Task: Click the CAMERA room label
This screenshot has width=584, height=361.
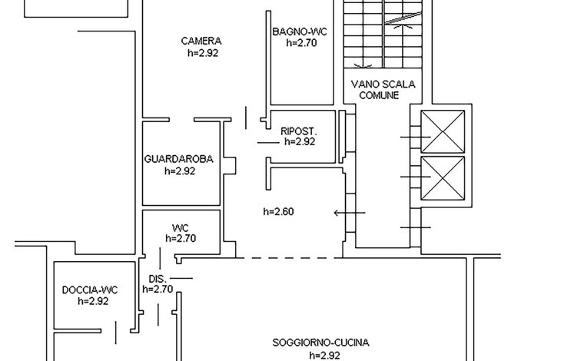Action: pos(201,41)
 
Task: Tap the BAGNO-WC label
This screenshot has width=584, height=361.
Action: pos(300,31)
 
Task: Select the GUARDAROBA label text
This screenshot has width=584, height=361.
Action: pos(179,159)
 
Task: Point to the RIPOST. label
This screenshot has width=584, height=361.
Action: pos(299,131)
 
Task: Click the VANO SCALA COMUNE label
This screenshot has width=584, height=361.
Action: pos(383,90)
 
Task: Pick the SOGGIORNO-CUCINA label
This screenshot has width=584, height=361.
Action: pos(320,343)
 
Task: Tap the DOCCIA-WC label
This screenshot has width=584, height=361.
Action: pos(90,290)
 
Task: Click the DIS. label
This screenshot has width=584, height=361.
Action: pos(158,279)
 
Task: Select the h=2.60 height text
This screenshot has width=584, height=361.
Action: pos(279,212)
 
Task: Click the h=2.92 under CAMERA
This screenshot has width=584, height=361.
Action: pos(203,53)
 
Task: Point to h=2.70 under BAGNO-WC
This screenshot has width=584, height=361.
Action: pos(302,43)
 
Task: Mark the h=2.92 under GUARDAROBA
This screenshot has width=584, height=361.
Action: pos(180,171)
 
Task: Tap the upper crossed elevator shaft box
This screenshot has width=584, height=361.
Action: pos(443,131)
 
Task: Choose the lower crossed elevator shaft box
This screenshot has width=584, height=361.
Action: pos(443,178)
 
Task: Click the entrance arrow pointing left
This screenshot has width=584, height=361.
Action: pos(350,213)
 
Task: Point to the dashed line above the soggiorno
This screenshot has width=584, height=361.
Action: pos(289,257)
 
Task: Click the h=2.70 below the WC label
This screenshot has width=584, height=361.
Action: pos(181,238)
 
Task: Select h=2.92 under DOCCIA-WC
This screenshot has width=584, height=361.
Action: pos(93,301)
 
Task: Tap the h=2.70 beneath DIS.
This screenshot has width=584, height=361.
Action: pos(158,289)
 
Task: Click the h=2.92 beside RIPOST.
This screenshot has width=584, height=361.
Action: pos(300,142)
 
